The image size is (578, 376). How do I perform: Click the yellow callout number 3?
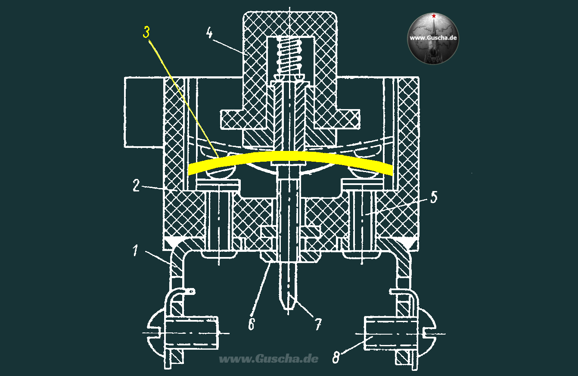point(146,32)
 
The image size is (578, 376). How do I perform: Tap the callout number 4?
point(209,33)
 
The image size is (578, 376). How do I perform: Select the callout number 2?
point(136,185)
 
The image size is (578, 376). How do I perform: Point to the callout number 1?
point(135,251)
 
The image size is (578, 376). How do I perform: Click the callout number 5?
point(434,197)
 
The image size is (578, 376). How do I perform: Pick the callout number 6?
point(252,324)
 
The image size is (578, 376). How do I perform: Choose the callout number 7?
point(319,324)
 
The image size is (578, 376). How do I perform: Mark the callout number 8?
point(336,358)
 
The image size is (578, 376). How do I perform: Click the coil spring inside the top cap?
point(289,55)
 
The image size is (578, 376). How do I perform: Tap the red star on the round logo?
point(434,16)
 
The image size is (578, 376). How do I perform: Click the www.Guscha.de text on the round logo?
point(433,38)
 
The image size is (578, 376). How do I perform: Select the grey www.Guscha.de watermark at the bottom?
point(269,359)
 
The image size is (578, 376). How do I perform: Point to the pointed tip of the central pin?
point(289,310)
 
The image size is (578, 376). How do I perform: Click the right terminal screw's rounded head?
point(427,333)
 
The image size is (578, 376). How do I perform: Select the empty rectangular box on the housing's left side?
point(144,112)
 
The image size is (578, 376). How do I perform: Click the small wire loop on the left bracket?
point(192,292)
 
